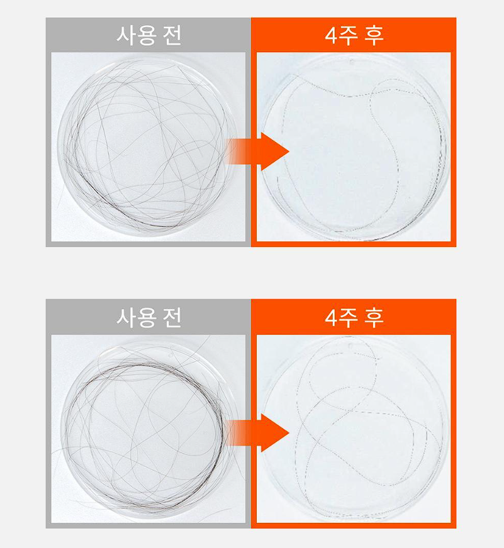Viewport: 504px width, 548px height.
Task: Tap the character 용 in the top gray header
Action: click(x=147, y=35)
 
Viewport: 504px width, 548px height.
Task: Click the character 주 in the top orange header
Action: click(x=350, y=35)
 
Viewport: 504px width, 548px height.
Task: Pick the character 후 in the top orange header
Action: click(x=375, y=35)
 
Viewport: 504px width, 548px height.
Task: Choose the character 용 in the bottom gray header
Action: click(x=147, y=317)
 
